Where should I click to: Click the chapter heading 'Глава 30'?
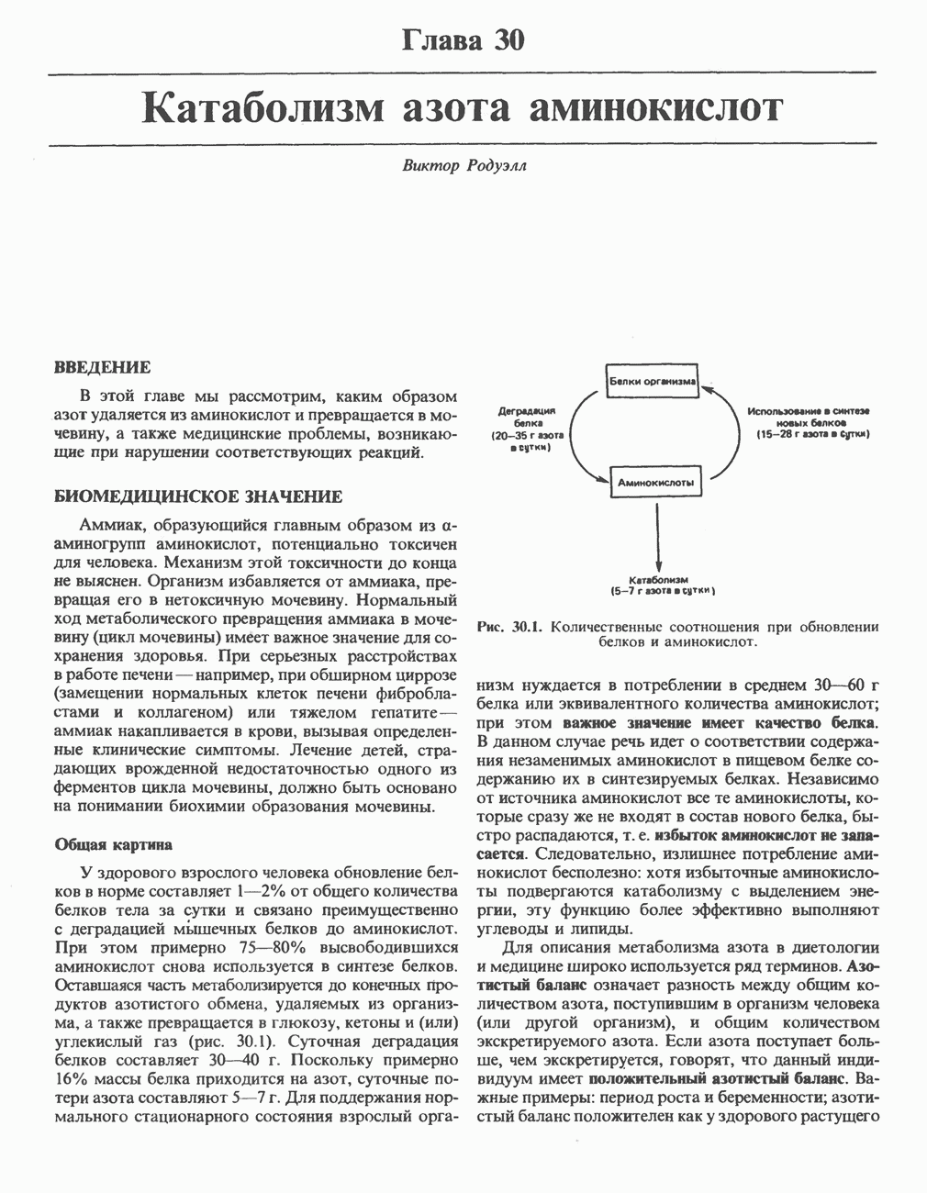coord(463,40)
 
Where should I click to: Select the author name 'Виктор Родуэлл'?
coord(463,166)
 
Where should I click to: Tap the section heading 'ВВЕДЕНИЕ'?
coord(103,368)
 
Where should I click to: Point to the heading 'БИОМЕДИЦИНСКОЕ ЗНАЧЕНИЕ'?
coord(198,496)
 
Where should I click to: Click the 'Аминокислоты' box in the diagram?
coord(655,481)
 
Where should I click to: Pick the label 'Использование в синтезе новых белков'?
coord(808,422)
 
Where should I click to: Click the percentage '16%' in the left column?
coord(71,1078)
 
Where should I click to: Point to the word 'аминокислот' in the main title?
coord(657,108)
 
